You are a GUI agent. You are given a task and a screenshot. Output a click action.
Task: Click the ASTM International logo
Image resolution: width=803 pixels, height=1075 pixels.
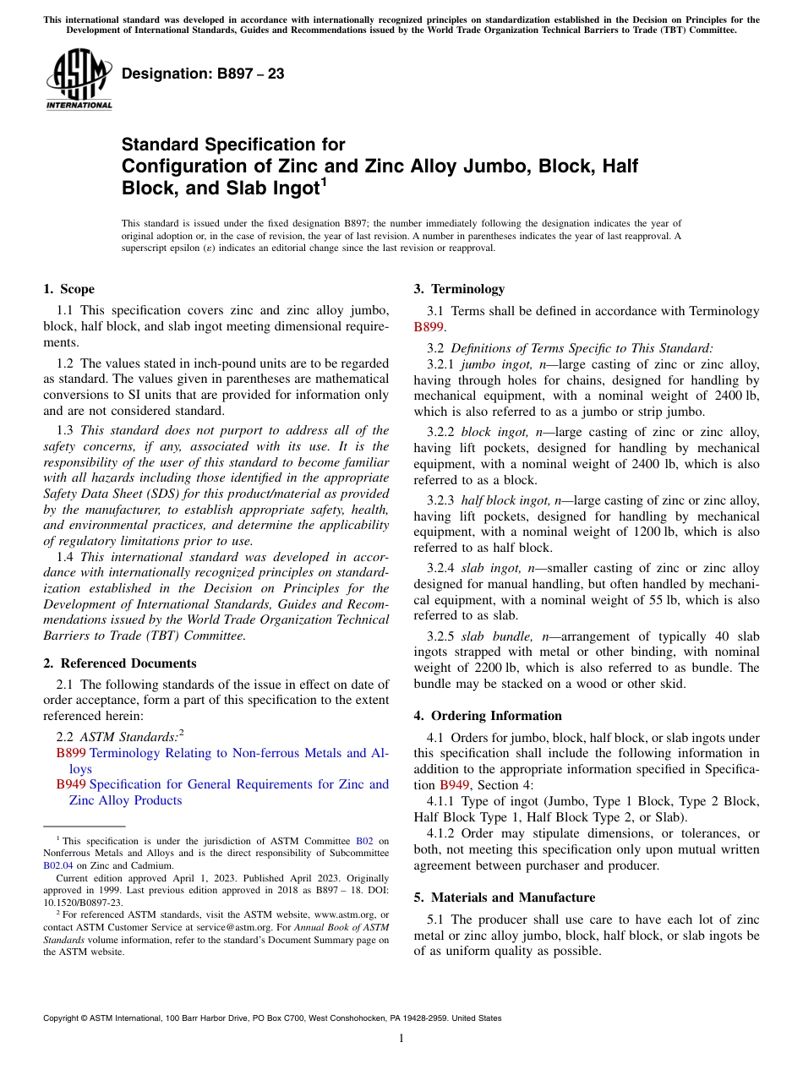(x=78, y=79)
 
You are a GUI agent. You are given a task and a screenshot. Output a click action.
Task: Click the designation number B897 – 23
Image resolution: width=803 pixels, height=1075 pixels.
(x=203, y=74)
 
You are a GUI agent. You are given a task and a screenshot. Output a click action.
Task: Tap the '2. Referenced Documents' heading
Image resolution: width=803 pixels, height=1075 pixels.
(x=119, y=663)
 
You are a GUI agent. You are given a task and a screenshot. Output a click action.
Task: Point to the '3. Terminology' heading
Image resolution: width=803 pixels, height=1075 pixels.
(x=459, y=289)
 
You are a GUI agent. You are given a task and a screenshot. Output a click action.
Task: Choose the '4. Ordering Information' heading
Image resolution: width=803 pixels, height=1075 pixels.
(x=488, y=715)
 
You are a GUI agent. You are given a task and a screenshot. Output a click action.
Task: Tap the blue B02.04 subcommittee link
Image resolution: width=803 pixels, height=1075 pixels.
(x=61, y=865)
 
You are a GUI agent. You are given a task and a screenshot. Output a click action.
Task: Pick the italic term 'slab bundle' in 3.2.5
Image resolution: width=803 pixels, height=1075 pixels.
(x=493, y=636)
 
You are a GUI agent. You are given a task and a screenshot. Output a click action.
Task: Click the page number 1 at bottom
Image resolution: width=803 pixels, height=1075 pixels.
(x=401, y=1038)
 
